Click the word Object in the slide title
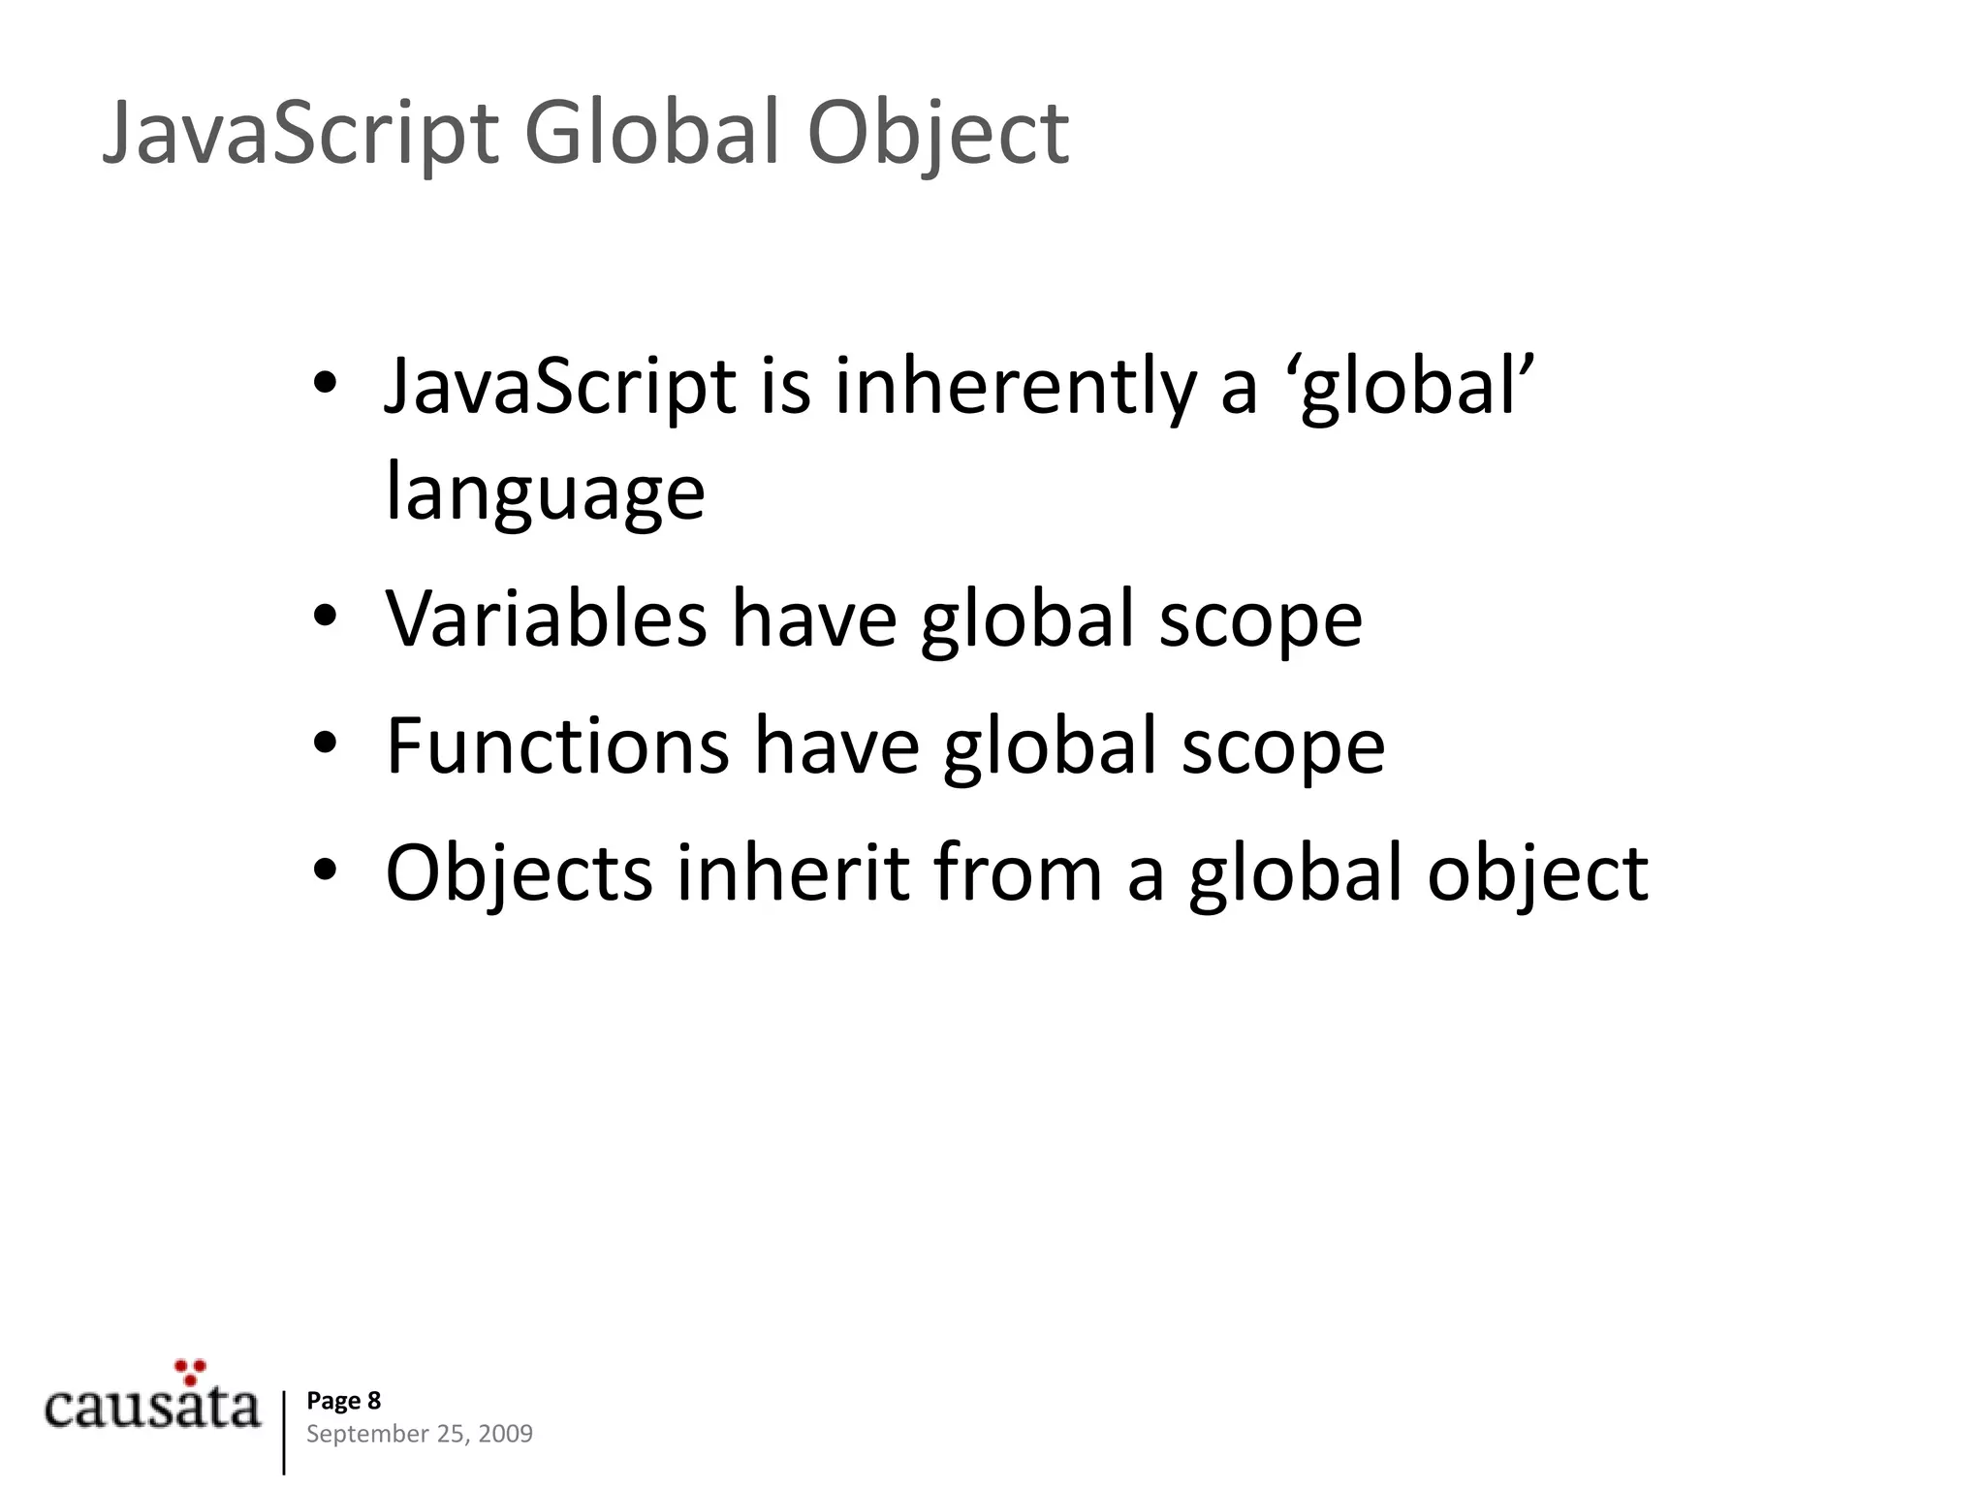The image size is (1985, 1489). [x=937, y=134]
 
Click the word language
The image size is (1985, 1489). [x=545, y=493]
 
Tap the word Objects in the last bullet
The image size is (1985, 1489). [x=519, y=873]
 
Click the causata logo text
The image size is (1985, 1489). [x=152, y=1407]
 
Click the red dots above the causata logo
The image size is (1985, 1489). [x=191, y=1371]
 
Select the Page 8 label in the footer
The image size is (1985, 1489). [x=343, y=1401]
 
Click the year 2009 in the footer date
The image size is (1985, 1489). [x=505, y=1434]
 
